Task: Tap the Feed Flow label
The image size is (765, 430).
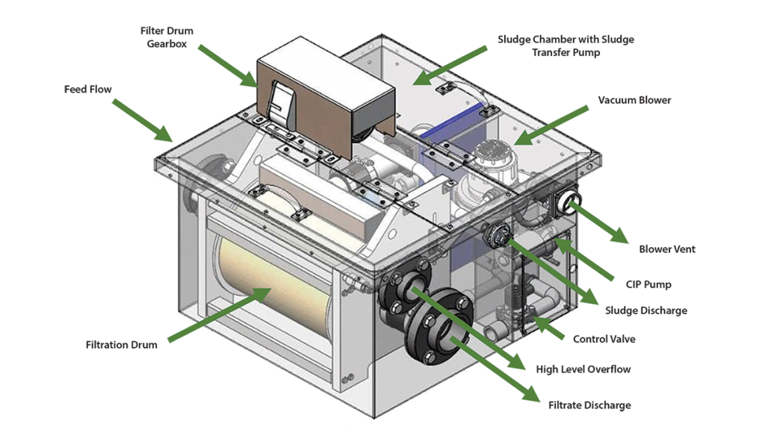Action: [x=87, y=88]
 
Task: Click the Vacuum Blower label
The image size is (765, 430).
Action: [x=634, y=100]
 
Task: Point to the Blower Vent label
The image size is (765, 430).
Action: [x=666, y=249]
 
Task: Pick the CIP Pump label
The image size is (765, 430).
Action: [x=648, y=284]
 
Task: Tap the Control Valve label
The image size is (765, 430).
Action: [x=604, y=339]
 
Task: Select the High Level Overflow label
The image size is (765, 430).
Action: [x=583, y=370]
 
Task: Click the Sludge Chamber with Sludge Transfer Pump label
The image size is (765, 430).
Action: [x=566, y=44]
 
